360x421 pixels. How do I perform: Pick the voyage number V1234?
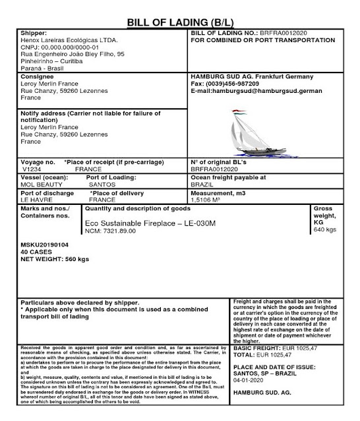[33, 169]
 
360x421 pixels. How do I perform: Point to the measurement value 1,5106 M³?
[210, 198]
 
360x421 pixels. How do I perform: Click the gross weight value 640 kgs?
[327, 230]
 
